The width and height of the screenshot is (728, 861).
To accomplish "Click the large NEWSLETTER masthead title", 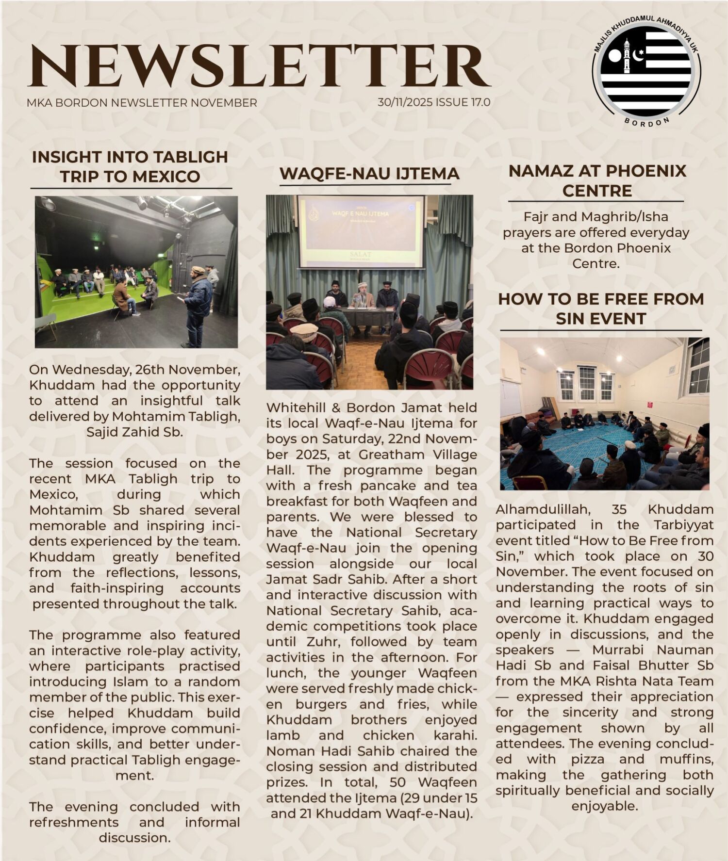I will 260,65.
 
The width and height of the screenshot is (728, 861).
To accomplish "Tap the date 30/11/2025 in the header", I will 405,102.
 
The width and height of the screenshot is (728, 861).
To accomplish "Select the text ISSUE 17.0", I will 463,102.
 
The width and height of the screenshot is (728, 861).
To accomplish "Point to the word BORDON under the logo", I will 647,122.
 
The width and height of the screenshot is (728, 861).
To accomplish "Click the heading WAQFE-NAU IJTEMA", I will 369,174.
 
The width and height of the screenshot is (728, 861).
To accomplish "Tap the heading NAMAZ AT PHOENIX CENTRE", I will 597,180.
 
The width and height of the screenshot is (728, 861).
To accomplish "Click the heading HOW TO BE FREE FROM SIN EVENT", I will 601,309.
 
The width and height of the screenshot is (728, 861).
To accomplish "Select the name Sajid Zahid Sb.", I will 134,432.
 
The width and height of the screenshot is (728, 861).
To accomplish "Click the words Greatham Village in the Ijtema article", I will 417,455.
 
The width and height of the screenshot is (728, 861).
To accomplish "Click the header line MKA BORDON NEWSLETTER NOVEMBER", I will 142,103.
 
